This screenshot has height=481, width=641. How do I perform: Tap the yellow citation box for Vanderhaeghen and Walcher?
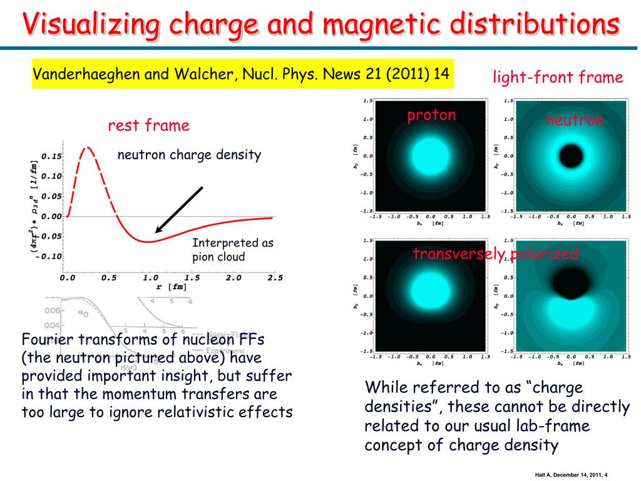click(x=241, y=74)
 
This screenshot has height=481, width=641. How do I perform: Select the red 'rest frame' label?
click(x=148, y=126)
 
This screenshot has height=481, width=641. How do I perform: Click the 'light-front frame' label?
click(x=558, y=78)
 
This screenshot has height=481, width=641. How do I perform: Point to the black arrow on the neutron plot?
click(x=178, y=210)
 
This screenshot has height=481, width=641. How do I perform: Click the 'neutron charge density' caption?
click(x=189, y=155)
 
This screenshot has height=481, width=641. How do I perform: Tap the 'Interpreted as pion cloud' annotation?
click(x=232, y=250)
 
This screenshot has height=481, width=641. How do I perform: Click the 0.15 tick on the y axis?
click(x=52, y=155)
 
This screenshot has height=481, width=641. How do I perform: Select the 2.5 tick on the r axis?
click(x=274, y=277)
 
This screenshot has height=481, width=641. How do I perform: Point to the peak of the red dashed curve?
click(x=88, y=148)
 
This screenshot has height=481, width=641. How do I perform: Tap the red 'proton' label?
click(x=431, y=115)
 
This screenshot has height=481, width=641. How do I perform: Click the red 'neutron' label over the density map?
click(x=575, y=120)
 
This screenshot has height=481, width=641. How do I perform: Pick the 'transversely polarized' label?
click(x=495, y=254)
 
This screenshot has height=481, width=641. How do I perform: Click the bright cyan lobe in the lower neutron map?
click(x=570, y=311)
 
